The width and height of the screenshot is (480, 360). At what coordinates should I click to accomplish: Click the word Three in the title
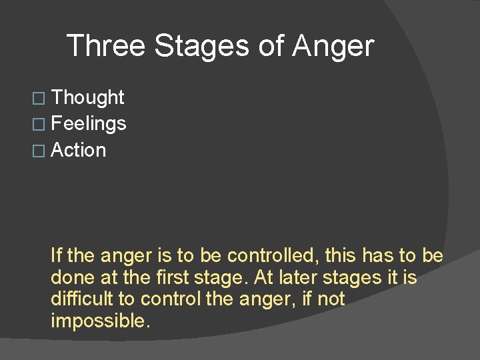point(107,46)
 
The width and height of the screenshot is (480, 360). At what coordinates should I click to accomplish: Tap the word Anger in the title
point(333,46)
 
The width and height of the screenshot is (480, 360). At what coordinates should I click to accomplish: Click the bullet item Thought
point(88,97)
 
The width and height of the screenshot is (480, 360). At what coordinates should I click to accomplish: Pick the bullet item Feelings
point(89,123)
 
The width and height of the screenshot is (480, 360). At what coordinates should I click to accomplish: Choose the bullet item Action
point(79,150)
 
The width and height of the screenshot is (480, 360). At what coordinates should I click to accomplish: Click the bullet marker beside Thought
point(45,98)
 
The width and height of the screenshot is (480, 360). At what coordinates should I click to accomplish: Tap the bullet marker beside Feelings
point(45,124)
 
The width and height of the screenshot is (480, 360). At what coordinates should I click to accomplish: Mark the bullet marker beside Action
point(45,151)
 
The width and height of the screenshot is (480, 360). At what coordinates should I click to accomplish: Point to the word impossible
point(100,321)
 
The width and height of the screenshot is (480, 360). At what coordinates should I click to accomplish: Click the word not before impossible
point(331,299)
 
